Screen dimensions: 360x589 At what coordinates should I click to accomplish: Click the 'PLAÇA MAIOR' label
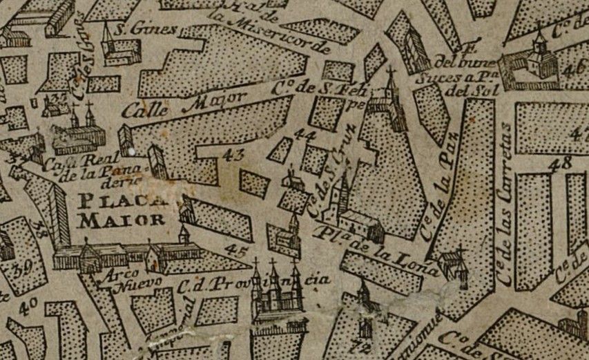click(x=122, y=211)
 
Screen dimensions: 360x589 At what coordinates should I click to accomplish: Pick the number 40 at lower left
click(x=28, y=307)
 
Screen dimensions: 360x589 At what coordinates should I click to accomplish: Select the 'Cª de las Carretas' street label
click(x=506, y=207)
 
